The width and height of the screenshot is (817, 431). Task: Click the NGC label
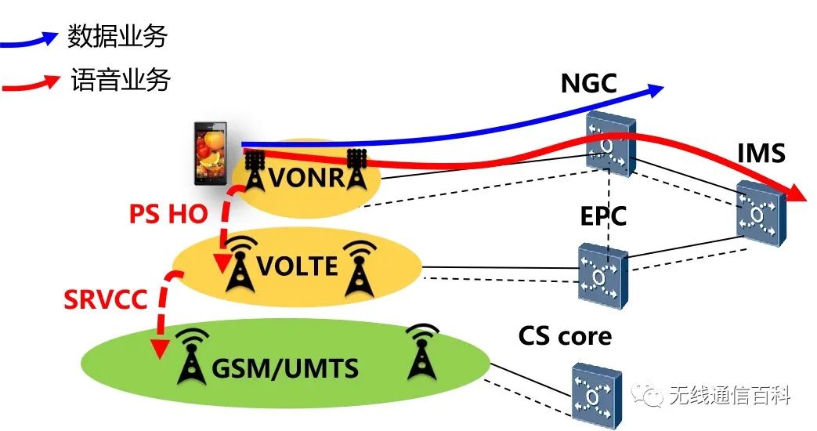588,83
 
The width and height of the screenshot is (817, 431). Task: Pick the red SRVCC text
106,299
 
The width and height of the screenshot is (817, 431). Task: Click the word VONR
306,178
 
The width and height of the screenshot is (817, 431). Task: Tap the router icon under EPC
602,275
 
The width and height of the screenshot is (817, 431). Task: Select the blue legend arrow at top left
31,38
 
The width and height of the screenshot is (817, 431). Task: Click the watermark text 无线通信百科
730,397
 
